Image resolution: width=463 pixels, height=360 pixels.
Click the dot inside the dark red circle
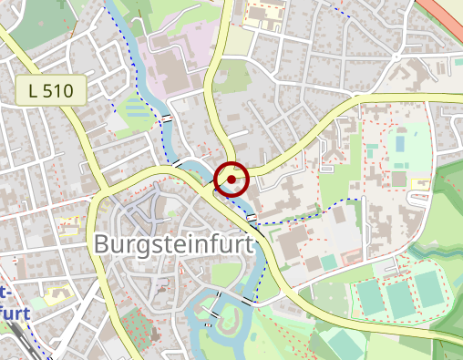[231, 180]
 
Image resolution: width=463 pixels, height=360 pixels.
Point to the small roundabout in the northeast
[396, 57]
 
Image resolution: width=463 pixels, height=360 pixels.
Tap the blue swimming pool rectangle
[399, 143]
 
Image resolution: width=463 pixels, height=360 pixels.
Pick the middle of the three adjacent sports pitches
[398, 297]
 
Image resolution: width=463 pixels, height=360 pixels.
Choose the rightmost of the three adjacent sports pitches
[427, 289]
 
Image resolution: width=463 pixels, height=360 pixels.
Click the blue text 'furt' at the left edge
[15, 311]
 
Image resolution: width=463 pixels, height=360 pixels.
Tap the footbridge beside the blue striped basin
[167, 119]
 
